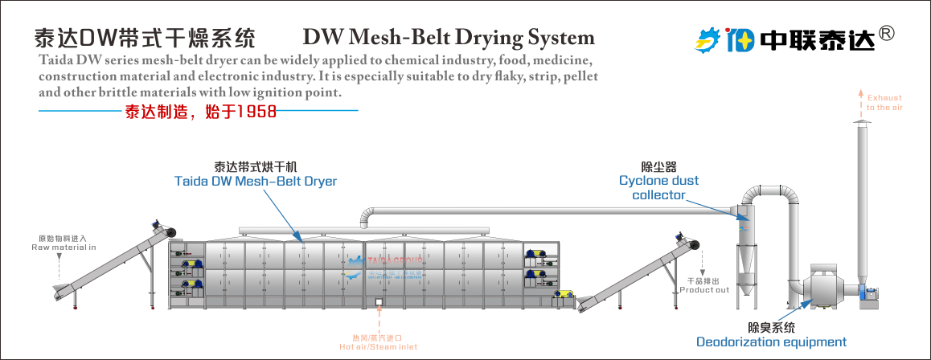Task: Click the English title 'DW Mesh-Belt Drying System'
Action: click(x=449, y=37)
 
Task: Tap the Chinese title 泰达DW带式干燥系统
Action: click(x=145, y=38)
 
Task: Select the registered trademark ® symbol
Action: click(x=886, y=33)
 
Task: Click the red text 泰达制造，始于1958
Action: click(x=200, y=112)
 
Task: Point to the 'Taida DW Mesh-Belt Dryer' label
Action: click(x=256, y=182)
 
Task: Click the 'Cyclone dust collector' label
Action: click(x=658, y=187)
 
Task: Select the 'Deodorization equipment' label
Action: click(x=771, y=342)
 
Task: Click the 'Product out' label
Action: click(x=704, y=285)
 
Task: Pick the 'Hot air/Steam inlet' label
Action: click(x=378, y=342)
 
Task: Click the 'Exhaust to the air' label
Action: click(x=884, y=102)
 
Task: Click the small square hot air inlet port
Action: click(x=378, y=303)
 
